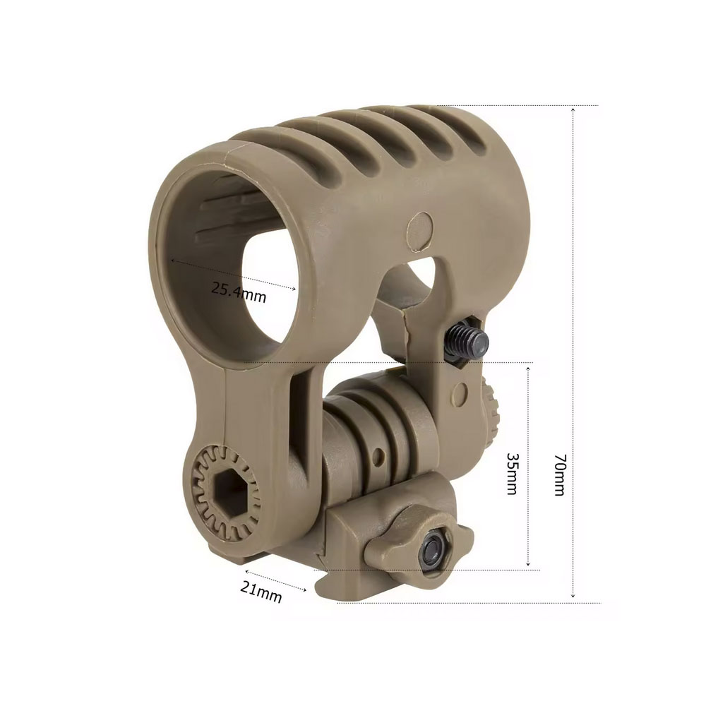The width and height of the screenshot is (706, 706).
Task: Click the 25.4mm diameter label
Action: click(239, 292)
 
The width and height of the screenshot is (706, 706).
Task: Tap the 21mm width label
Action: click(261, 591)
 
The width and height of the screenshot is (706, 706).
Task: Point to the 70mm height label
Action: click(559, 475)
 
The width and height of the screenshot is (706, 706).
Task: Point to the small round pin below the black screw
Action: click(461, 391)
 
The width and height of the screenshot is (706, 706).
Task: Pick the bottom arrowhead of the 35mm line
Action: click(528, 566)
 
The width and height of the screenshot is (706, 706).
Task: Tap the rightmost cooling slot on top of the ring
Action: click(462, 131)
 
